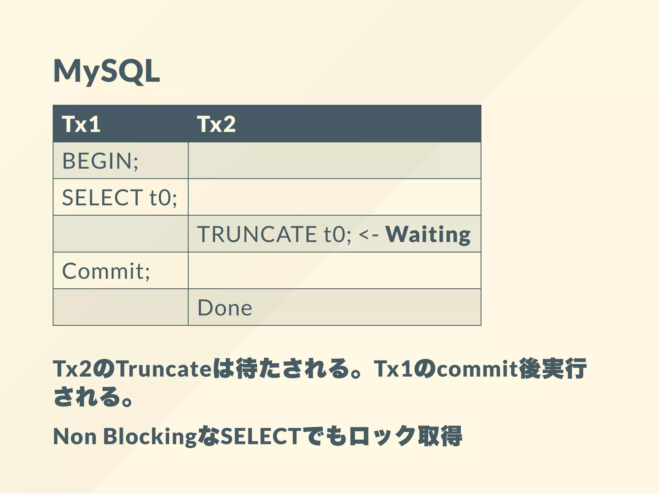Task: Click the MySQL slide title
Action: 106,71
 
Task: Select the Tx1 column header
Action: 81,124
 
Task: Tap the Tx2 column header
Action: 216,124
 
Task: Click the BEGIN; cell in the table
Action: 100,161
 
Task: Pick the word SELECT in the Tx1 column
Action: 102,197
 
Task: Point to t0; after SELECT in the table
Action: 163,197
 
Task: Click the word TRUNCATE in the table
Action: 257,234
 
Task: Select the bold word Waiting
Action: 428,234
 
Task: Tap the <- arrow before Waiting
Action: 369,234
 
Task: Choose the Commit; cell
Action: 106,271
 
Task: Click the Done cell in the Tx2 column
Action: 225,308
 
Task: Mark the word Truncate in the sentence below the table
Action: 164,369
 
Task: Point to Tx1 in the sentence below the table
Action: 393,369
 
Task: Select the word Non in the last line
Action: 75,437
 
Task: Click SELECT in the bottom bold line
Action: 261,437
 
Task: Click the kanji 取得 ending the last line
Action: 440,437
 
